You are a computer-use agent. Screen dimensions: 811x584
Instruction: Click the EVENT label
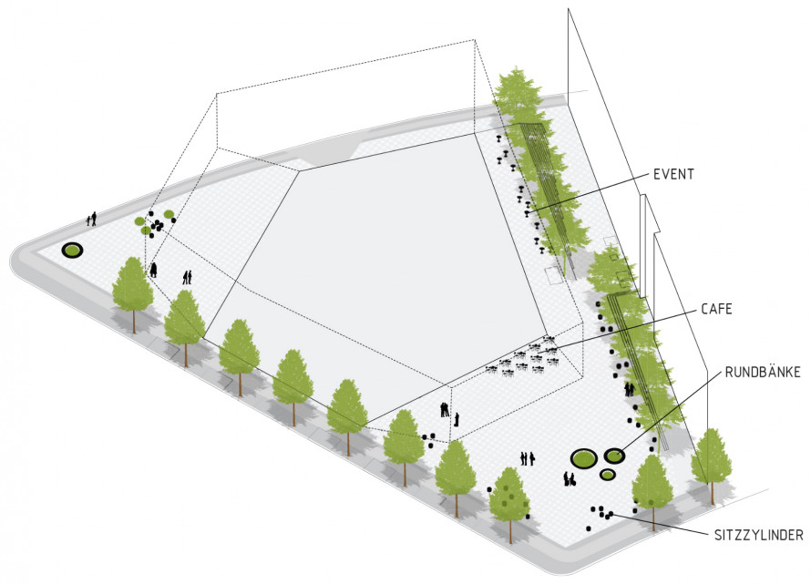click(673, 174)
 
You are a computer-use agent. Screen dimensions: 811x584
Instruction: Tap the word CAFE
click(716, 310)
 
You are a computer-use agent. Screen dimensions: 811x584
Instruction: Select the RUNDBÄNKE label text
click(763, 372)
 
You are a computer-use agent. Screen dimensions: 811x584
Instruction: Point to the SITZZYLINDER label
click(759, 535)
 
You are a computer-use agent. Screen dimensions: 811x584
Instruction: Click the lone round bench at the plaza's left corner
click(72, 251)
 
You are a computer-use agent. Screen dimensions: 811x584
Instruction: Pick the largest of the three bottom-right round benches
click(584, 457)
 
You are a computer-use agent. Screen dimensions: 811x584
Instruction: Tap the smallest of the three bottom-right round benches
click(607, 474)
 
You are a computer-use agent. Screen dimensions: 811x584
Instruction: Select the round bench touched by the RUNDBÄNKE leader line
click(614, 456)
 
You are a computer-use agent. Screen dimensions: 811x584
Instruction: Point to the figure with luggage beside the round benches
click(569, 479)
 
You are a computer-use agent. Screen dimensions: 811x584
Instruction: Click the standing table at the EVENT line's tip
click(527, 211)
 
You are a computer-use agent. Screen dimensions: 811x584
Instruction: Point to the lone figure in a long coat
click(154, 270)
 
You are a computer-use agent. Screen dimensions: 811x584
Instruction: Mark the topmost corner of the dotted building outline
click(474, 40)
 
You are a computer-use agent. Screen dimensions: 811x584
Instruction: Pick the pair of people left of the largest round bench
click(527, 458)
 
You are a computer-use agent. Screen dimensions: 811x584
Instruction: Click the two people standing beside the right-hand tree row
click(629, 389)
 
